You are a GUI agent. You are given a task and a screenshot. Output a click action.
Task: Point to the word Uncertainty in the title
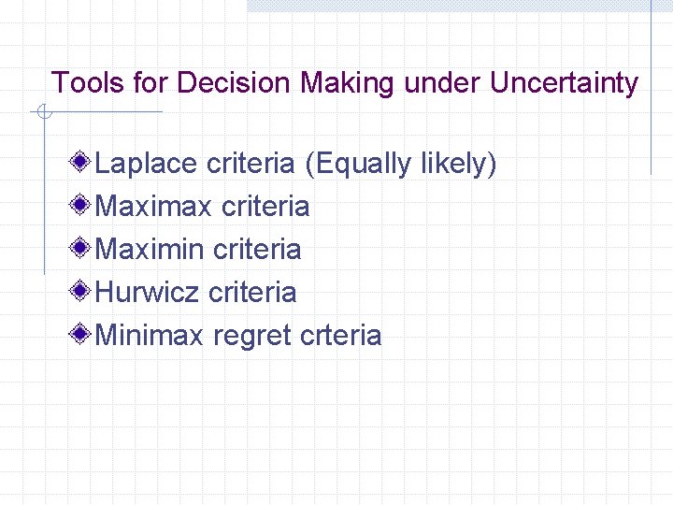[x=564, y=83]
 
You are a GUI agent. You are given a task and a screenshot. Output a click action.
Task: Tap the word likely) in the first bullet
[x=458, y=164]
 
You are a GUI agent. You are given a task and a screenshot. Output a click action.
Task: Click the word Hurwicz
[x=148, y=292]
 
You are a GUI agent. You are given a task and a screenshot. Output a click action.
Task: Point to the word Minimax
[x=150, y=335]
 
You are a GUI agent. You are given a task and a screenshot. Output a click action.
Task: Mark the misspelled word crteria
[x=342, y=335]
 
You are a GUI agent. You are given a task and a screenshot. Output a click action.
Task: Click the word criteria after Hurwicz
[x=252, y=292]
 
